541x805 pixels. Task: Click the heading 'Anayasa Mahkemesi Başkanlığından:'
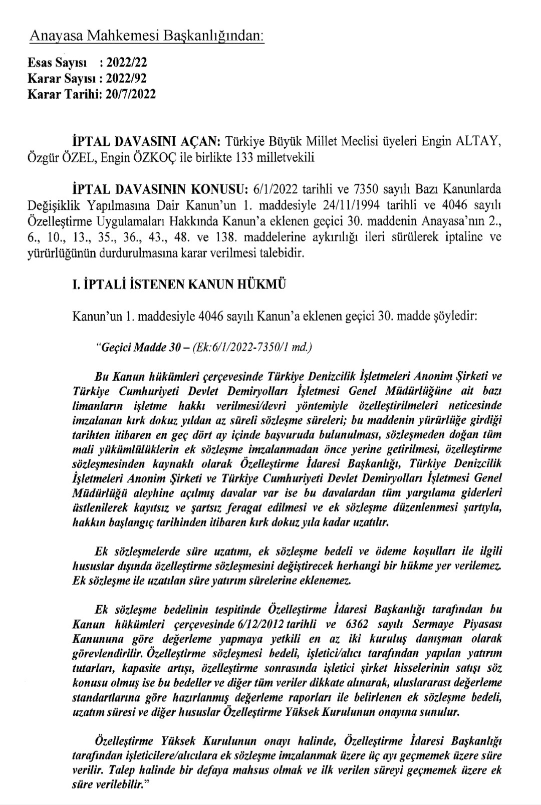click(x=147, y=36)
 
